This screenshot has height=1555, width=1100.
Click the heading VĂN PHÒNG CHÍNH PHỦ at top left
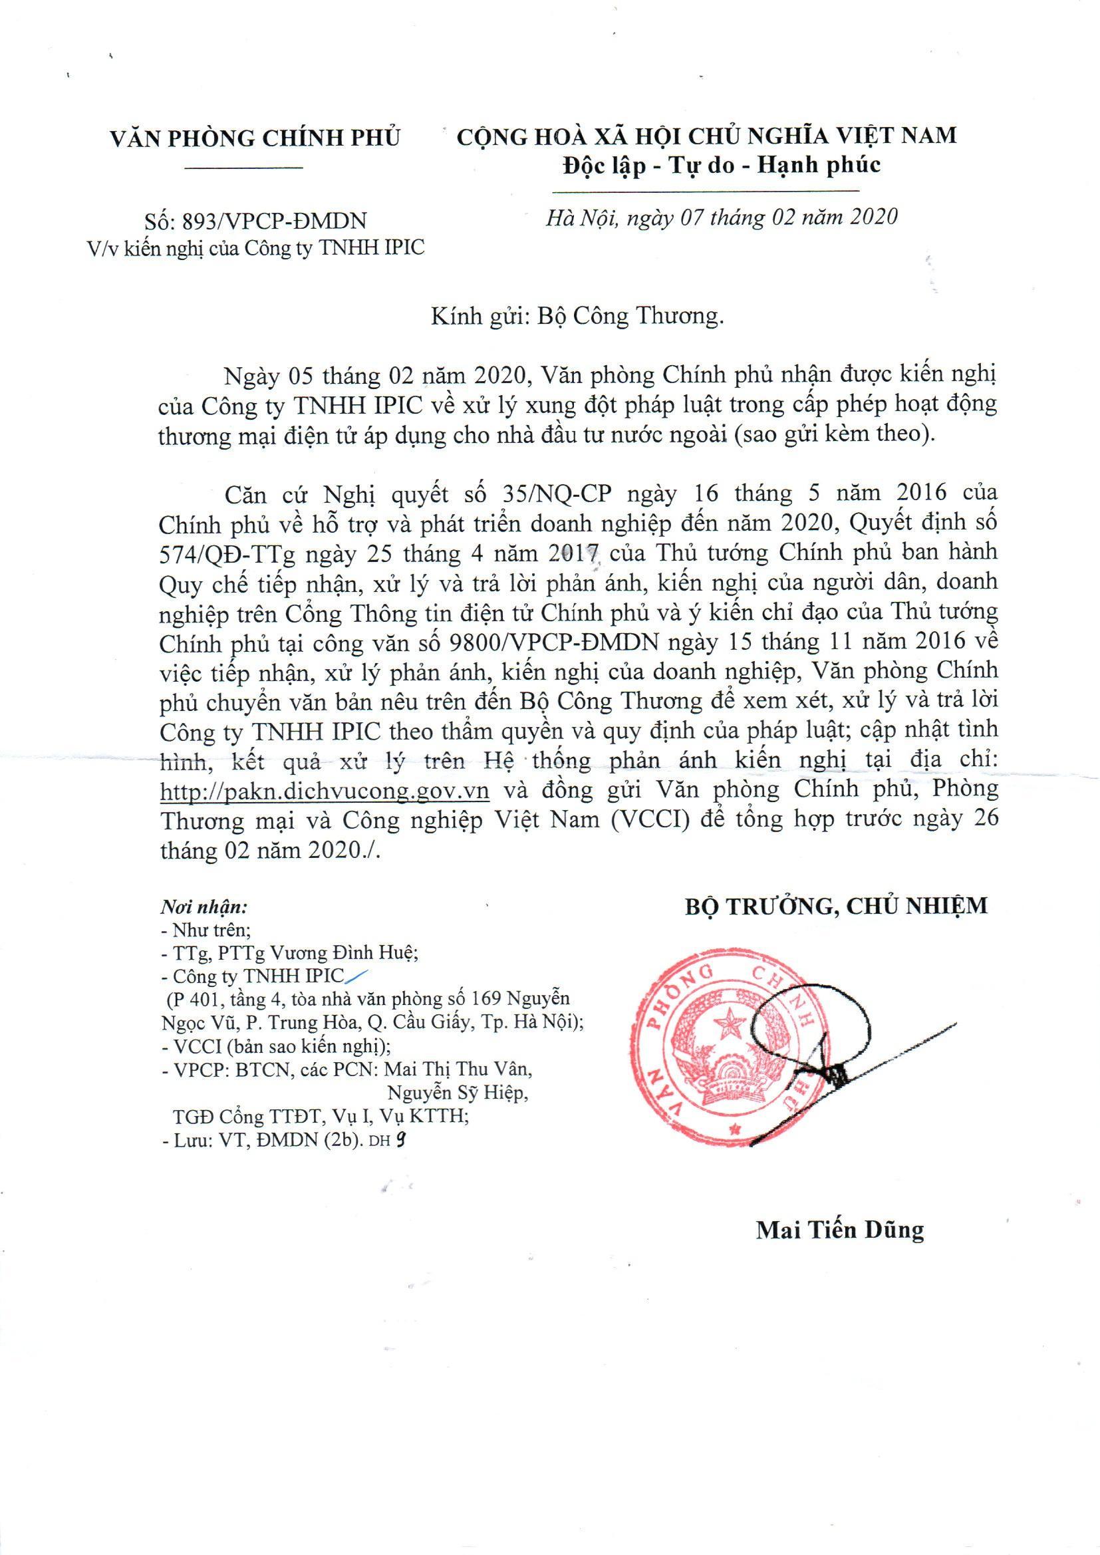255,138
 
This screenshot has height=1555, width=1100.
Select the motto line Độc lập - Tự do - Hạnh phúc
722,164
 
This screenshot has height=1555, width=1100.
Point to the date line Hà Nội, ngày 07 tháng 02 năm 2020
722,217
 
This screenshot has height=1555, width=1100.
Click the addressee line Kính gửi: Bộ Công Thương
577,317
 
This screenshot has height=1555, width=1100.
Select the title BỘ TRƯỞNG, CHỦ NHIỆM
836,905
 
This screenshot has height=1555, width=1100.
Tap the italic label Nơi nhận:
204,906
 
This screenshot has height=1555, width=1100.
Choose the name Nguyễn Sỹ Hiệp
456,1093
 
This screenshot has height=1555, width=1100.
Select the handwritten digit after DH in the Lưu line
402,1140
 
